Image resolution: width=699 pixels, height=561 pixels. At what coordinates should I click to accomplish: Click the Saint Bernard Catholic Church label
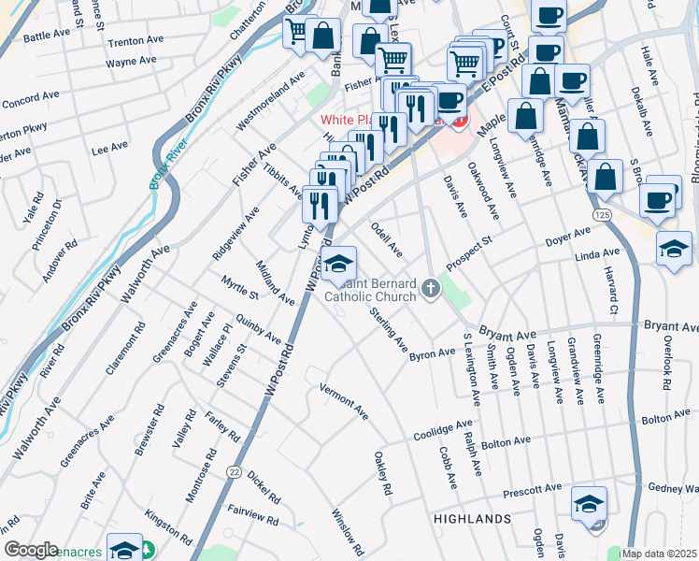(x=370, y=290)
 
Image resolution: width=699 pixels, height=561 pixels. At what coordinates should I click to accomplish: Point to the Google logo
(x=31, y=550)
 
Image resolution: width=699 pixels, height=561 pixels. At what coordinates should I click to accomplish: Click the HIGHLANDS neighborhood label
(x=472, y=518)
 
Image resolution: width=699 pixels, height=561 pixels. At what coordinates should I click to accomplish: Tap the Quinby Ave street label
(x=259, y=328)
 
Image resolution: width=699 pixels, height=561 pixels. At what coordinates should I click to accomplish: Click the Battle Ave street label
(x=47, y=34)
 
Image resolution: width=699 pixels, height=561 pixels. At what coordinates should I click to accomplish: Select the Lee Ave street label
(x=109, y=148)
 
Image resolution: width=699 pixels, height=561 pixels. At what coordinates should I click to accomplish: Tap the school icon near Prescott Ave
(x=589, y=504)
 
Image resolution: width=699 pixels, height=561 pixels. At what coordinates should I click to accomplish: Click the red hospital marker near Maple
(x=457, y=120)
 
